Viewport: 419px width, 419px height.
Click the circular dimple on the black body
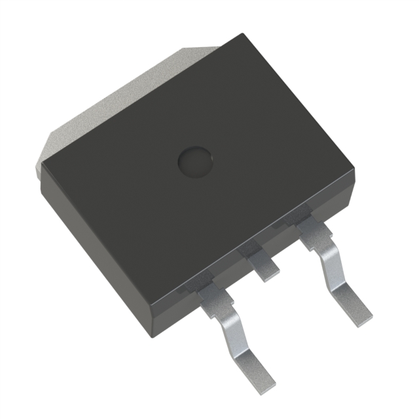[196, 161]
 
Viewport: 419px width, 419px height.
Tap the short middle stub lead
[266, 268]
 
